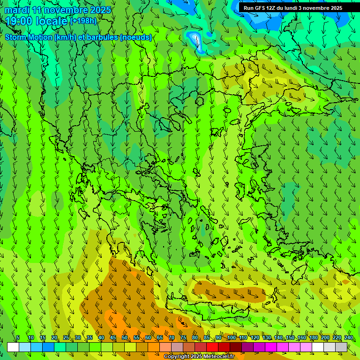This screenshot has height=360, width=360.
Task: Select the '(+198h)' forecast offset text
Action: tap(83, 21)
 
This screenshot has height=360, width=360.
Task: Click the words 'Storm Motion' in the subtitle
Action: tap(28, 37)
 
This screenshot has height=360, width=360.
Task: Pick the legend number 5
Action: tap(18, 337)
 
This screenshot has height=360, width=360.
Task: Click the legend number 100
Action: tap(231, 337)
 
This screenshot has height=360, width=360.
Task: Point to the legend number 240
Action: tap(348, 337)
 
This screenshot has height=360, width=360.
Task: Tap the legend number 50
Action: tap(124, 337)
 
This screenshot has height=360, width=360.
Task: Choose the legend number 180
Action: tap(313, 337)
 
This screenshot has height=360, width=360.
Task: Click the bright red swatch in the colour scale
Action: tap(212, 347)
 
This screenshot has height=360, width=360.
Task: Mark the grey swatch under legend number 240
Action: tap(341, 347)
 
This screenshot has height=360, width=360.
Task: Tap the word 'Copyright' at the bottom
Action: tap(177, 357)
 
